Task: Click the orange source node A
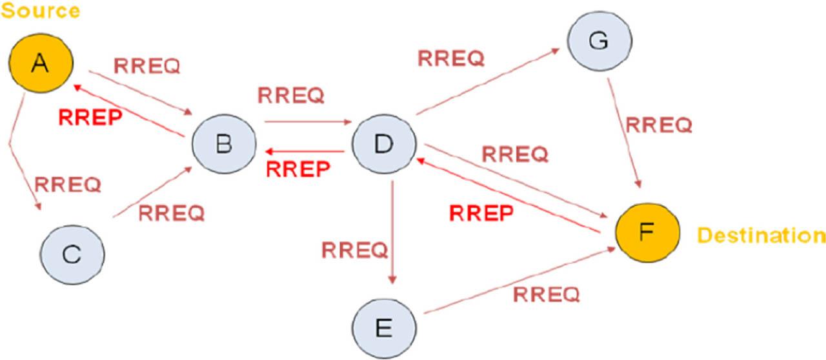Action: pos(41,62)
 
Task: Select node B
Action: pos(223,144)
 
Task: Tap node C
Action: pos(72,255)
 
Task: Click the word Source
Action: pos(40,11)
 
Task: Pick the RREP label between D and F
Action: pos(481,213)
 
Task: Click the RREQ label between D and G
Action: pos(450,58)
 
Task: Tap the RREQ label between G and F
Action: pos(660,125)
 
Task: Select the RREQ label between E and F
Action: pos(547,294)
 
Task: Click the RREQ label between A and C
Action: pos(68,185)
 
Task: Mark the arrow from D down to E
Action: pos(392,232)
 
